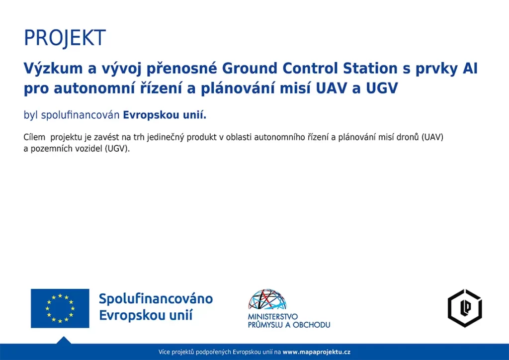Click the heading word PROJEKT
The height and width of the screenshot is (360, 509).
[x=65, y=38]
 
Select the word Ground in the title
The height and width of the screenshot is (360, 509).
[x=250, y=69]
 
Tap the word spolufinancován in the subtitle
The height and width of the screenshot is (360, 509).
[x=80, y=115]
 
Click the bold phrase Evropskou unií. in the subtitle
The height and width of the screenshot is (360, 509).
[x=165, y=115]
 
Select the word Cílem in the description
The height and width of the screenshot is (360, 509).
[x=34, y=137]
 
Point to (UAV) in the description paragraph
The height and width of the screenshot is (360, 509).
[x=432, y=137]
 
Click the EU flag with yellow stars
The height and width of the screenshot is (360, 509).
[x=60, y=308]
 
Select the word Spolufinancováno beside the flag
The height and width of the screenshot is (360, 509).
[x=156, y=299]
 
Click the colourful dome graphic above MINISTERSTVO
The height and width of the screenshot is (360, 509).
[x=267, y=299]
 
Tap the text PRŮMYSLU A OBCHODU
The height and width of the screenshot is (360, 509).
[x=289, y=325]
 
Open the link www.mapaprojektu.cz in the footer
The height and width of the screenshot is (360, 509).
[x=317, y=352]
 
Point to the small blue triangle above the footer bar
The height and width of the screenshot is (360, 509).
[x=64, y=341]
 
